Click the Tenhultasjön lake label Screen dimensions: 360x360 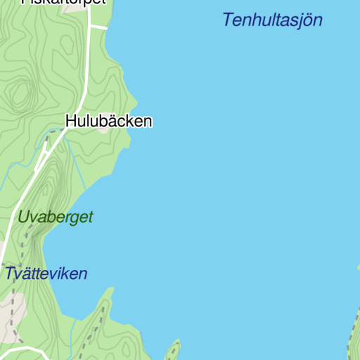click(272, 20)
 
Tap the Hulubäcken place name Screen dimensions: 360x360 click(108, 121)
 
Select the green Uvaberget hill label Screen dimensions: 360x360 click(56, 217)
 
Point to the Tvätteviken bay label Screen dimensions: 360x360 click(46, 274)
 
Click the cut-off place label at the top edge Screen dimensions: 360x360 click(63, 2)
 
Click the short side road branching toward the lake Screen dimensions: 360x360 click(98, 27)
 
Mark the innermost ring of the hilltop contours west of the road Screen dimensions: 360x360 click(20, 92)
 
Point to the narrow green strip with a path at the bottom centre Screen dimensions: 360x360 click(172, 350)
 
